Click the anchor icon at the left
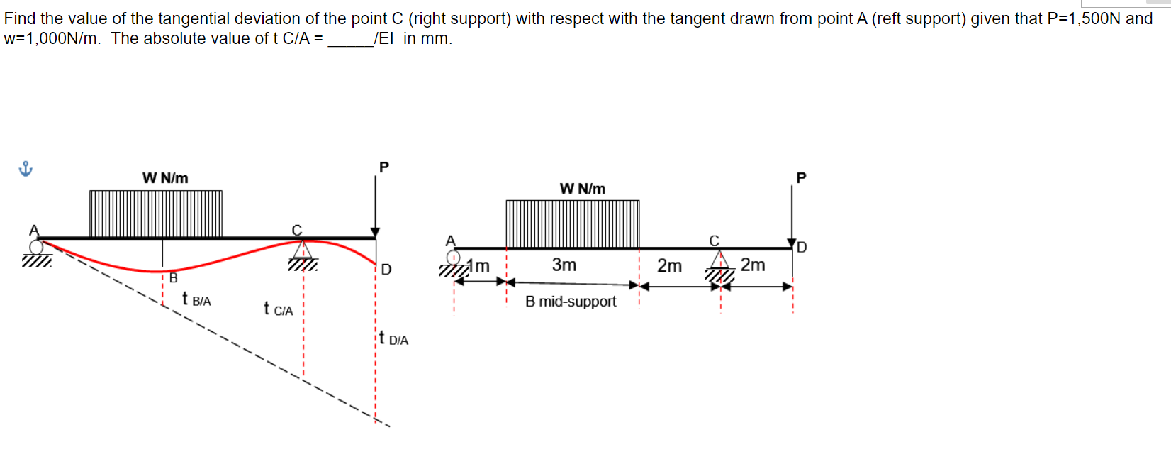(26, 169)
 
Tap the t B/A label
(196, 299)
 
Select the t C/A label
(278, 309)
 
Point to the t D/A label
(393, 338)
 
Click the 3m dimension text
(564, 265)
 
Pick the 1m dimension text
(481, 266)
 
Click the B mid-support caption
(571, 302)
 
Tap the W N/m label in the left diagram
(165, 178)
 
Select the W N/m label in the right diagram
(582, 189)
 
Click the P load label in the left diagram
(384, 167)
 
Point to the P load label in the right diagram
(801, 178)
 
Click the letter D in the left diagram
(386, 270)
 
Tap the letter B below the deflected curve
(173, 278)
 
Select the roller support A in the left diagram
(36, 247)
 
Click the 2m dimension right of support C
(753, 265)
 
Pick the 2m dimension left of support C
(669, 265)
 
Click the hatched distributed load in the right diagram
(573, 224)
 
